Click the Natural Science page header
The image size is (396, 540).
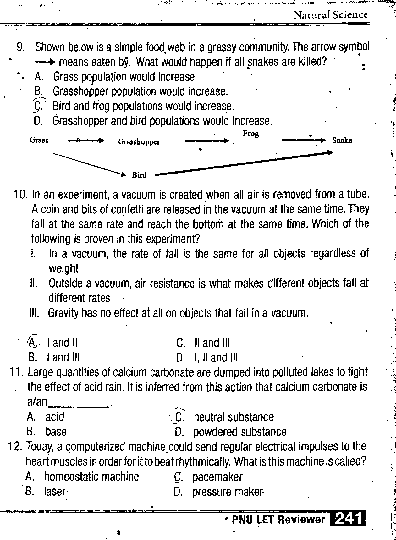click(330, 15)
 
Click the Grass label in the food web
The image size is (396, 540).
click(39, 140)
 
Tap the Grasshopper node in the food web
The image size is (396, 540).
click(139, 142)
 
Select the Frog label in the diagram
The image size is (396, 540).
click(251, 134)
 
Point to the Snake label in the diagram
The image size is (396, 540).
click(342, 141)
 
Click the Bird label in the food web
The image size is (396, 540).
click(139, 175)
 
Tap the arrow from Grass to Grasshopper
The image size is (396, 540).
click(86, 141)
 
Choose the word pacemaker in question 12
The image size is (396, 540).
click(217, 477)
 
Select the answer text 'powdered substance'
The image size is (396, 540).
click(240, 432)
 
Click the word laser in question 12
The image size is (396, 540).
click(55, 491)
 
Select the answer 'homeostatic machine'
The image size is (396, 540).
click(91, 477)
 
